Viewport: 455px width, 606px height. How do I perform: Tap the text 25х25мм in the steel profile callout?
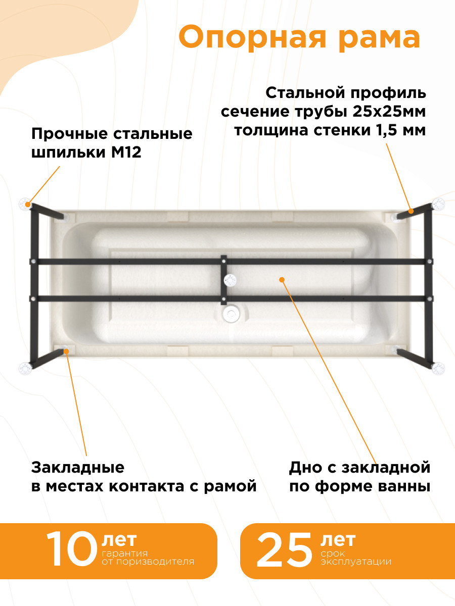(x=389, y=112)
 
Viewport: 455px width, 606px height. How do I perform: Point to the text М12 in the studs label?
(x=126, y=153)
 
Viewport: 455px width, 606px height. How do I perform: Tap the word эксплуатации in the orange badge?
(x=356, y=562)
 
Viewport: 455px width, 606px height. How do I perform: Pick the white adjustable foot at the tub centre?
(x=230, y=280)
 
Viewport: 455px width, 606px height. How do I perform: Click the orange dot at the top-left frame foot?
(x=28, y=205)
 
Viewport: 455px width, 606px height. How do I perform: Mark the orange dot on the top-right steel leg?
(x=411, y=211)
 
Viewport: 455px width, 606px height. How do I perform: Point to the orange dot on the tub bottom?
(x=282, y=280)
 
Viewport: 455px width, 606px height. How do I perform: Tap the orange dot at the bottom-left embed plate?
(x=66, y=351)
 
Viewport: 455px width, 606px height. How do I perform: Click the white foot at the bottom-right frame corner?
(x=438, y=369)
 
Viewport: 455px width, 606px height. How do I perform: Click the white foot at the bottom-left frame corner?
(x=25, y=369)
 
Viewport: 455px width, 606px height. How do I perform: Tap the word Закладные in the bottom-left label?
(x=78, y=468)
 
